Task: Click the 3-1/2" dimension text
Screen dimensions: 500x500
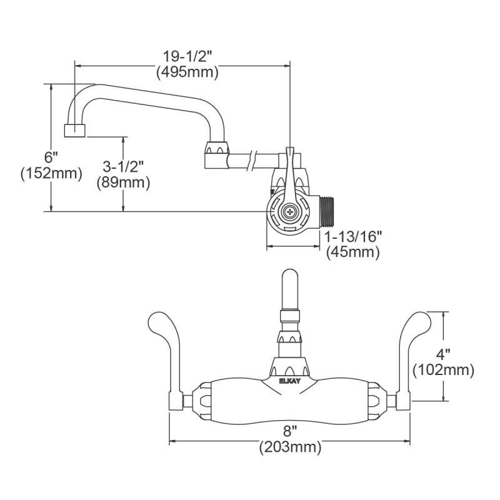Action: [x=123, y=166]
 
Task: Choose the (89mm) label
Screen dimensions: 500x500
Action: [x=123, y=182]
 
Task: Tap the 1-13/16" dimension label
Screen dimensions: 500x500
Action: [x=353, y=236]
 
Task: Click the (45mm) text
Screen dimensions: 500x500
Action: [x=353, y=252]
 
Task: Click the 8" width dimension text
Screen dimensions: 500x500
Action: [x=289, y=431]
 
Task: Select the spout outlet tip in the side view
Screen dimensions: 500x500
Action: [x=75, y=130]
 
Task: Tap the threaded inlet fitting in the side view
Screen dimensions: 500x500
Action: [x=327, y=212]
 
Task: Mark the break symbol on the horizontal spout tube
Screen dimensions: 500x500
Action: [x=254, y=157]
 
